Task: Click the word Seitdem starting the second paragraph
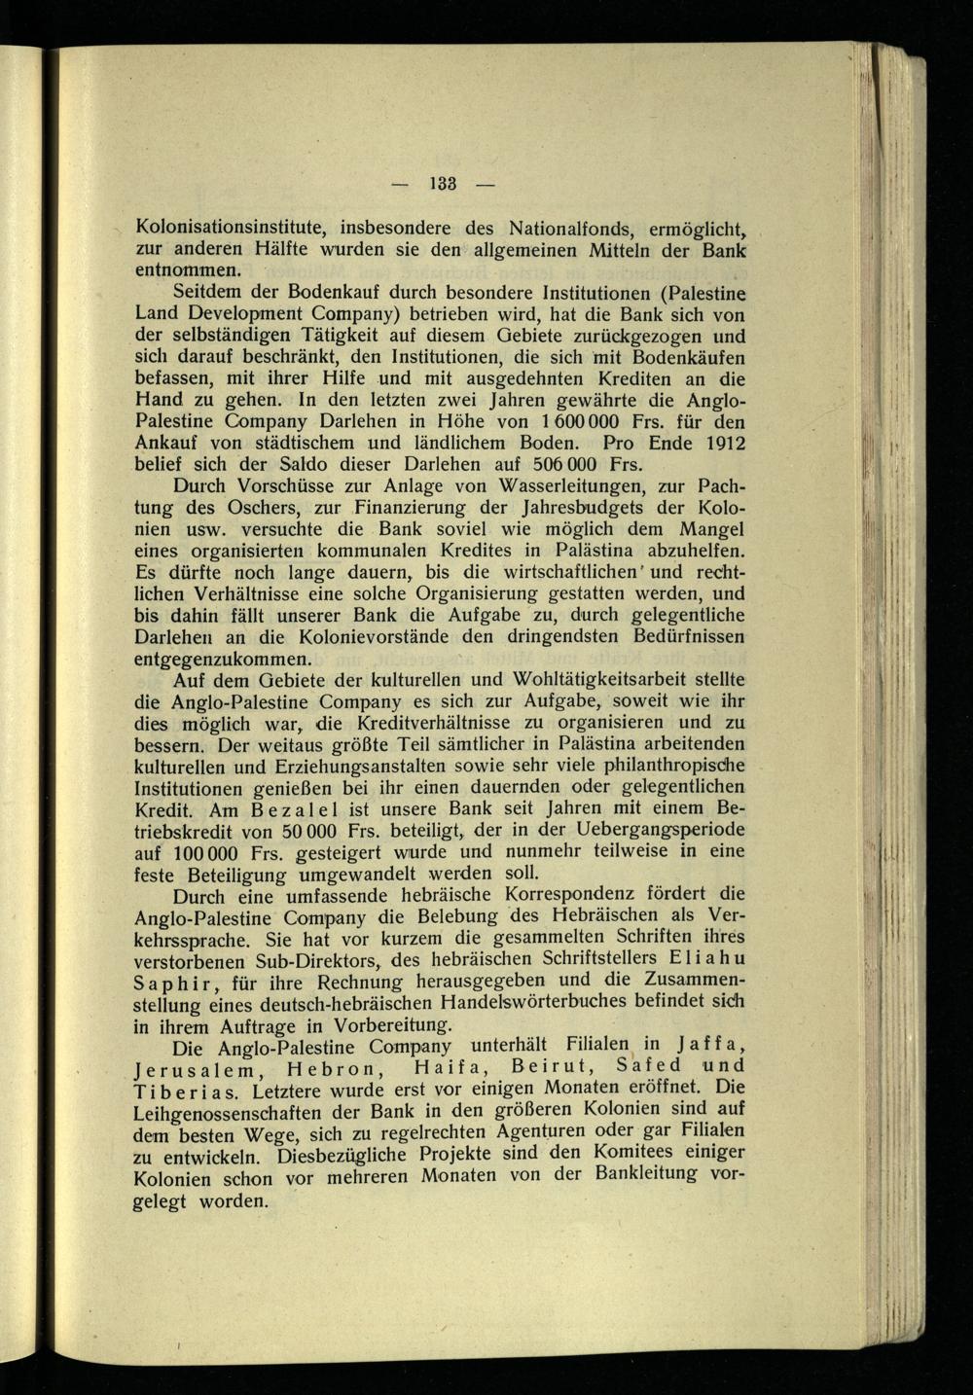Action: [209, 292]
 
